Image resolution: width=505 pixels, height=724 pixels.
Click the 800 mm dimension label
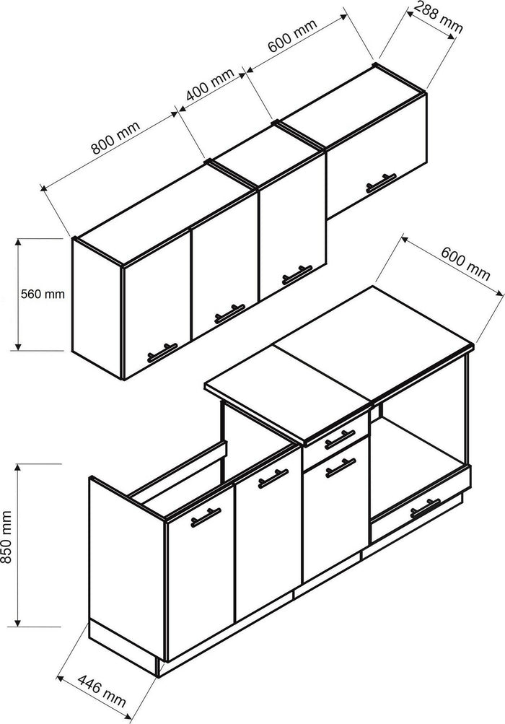pyautogui.click(x=114, y=139)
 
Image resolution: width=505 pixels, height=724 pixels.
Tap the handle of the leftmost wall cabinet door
pyautogui.click(x=162, y=352)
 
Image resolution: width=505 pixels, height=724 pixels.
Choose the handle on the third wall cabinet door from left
pyautogui.click(x=295, y=274)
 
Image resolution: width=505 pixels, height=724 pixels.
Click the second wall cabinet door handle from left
pyautogui.click(x=229, y=313)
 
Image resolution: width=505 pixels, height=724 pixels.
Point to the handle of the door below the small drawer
pyautogui.click(x=340, y=468)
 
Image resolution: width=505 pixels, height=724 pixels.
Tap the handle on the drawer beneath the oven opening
pyautogui.click(x=424, y=510)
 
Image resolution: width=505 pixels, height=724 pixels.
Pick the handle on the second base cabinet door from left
pyautogui.click(x=273, y=479)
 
